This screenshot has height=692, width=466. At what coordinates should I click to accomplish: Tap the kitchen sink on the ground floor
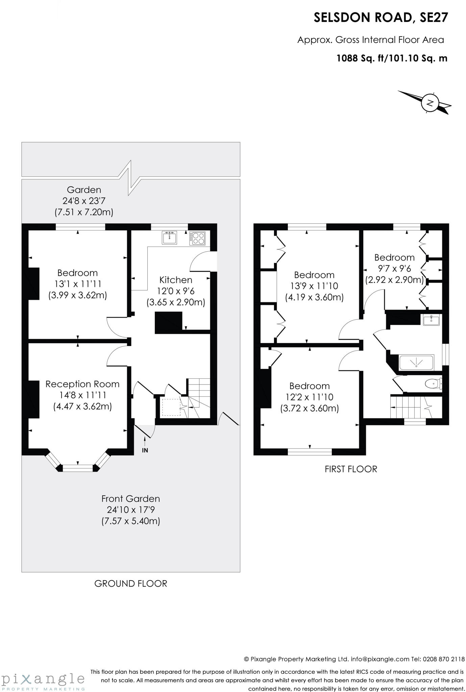(x=169, y=238)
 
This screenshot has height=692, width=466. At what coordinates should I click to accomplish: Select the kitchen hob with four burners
(x=197, y=238)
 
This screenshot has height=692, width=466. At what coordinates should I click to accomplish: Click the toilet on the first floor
(x=433, y=384)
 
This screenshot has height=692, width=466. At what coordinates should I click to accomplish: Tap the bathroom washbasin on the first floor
(x=431, y=320)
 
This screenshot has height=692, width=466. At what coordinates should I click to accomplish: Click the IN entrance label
(x=145, y=450)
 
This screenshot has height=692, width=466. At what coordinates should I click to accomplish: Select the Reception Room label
(x=82, y=384)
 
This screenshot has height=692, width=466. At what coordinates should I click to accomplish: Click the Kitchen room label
(x=176, y=280)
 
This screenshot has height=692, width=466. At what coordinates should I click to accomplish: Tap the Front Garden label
(x=131, y=499)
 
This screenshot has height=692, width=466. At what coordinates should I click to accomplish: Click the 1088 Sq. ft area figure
(x=361, y=58)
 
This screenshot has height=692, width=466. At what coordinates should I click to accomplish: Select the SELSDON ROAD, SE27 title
(x=381, y=18)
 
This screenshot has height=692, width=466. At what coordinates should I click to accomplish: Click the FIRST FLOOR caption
(x=351, y=469)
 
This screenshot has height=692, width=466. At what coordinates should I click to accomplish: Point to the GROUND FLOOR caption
(x=131, y=584)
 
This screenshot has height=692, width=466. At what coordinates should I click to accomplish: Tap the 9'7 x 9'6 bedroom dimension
(x=394, y=269)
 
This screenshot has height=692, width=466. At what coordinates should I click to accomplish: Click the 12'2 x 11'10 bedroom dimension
(x=309, y=397)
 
